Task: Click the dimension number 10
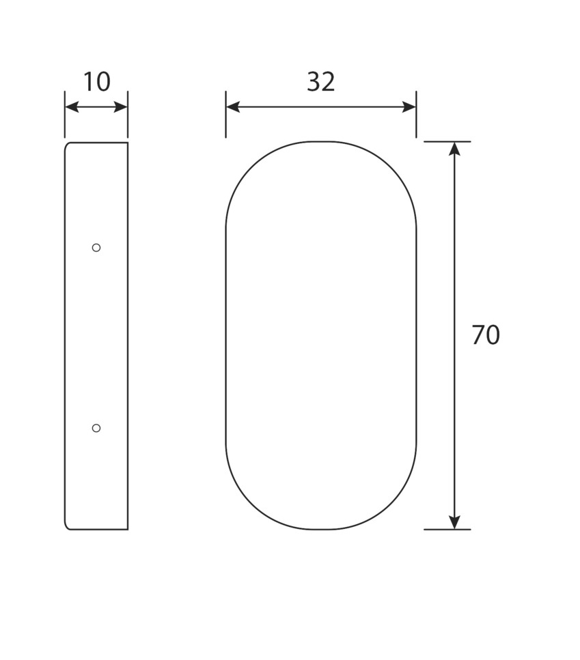97,82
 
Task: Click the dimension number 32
321,82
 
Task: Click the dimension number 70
486,335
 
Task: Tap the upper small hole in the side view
96,248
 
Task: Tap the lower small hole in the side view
96,428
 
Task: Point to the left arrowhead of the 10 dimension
72,107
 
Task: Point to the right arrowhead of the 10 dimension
120,107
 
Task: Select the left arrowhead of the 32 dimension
233,107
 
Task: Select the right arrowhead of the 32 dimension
409,107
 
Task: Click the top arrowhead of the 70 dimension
454,149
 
